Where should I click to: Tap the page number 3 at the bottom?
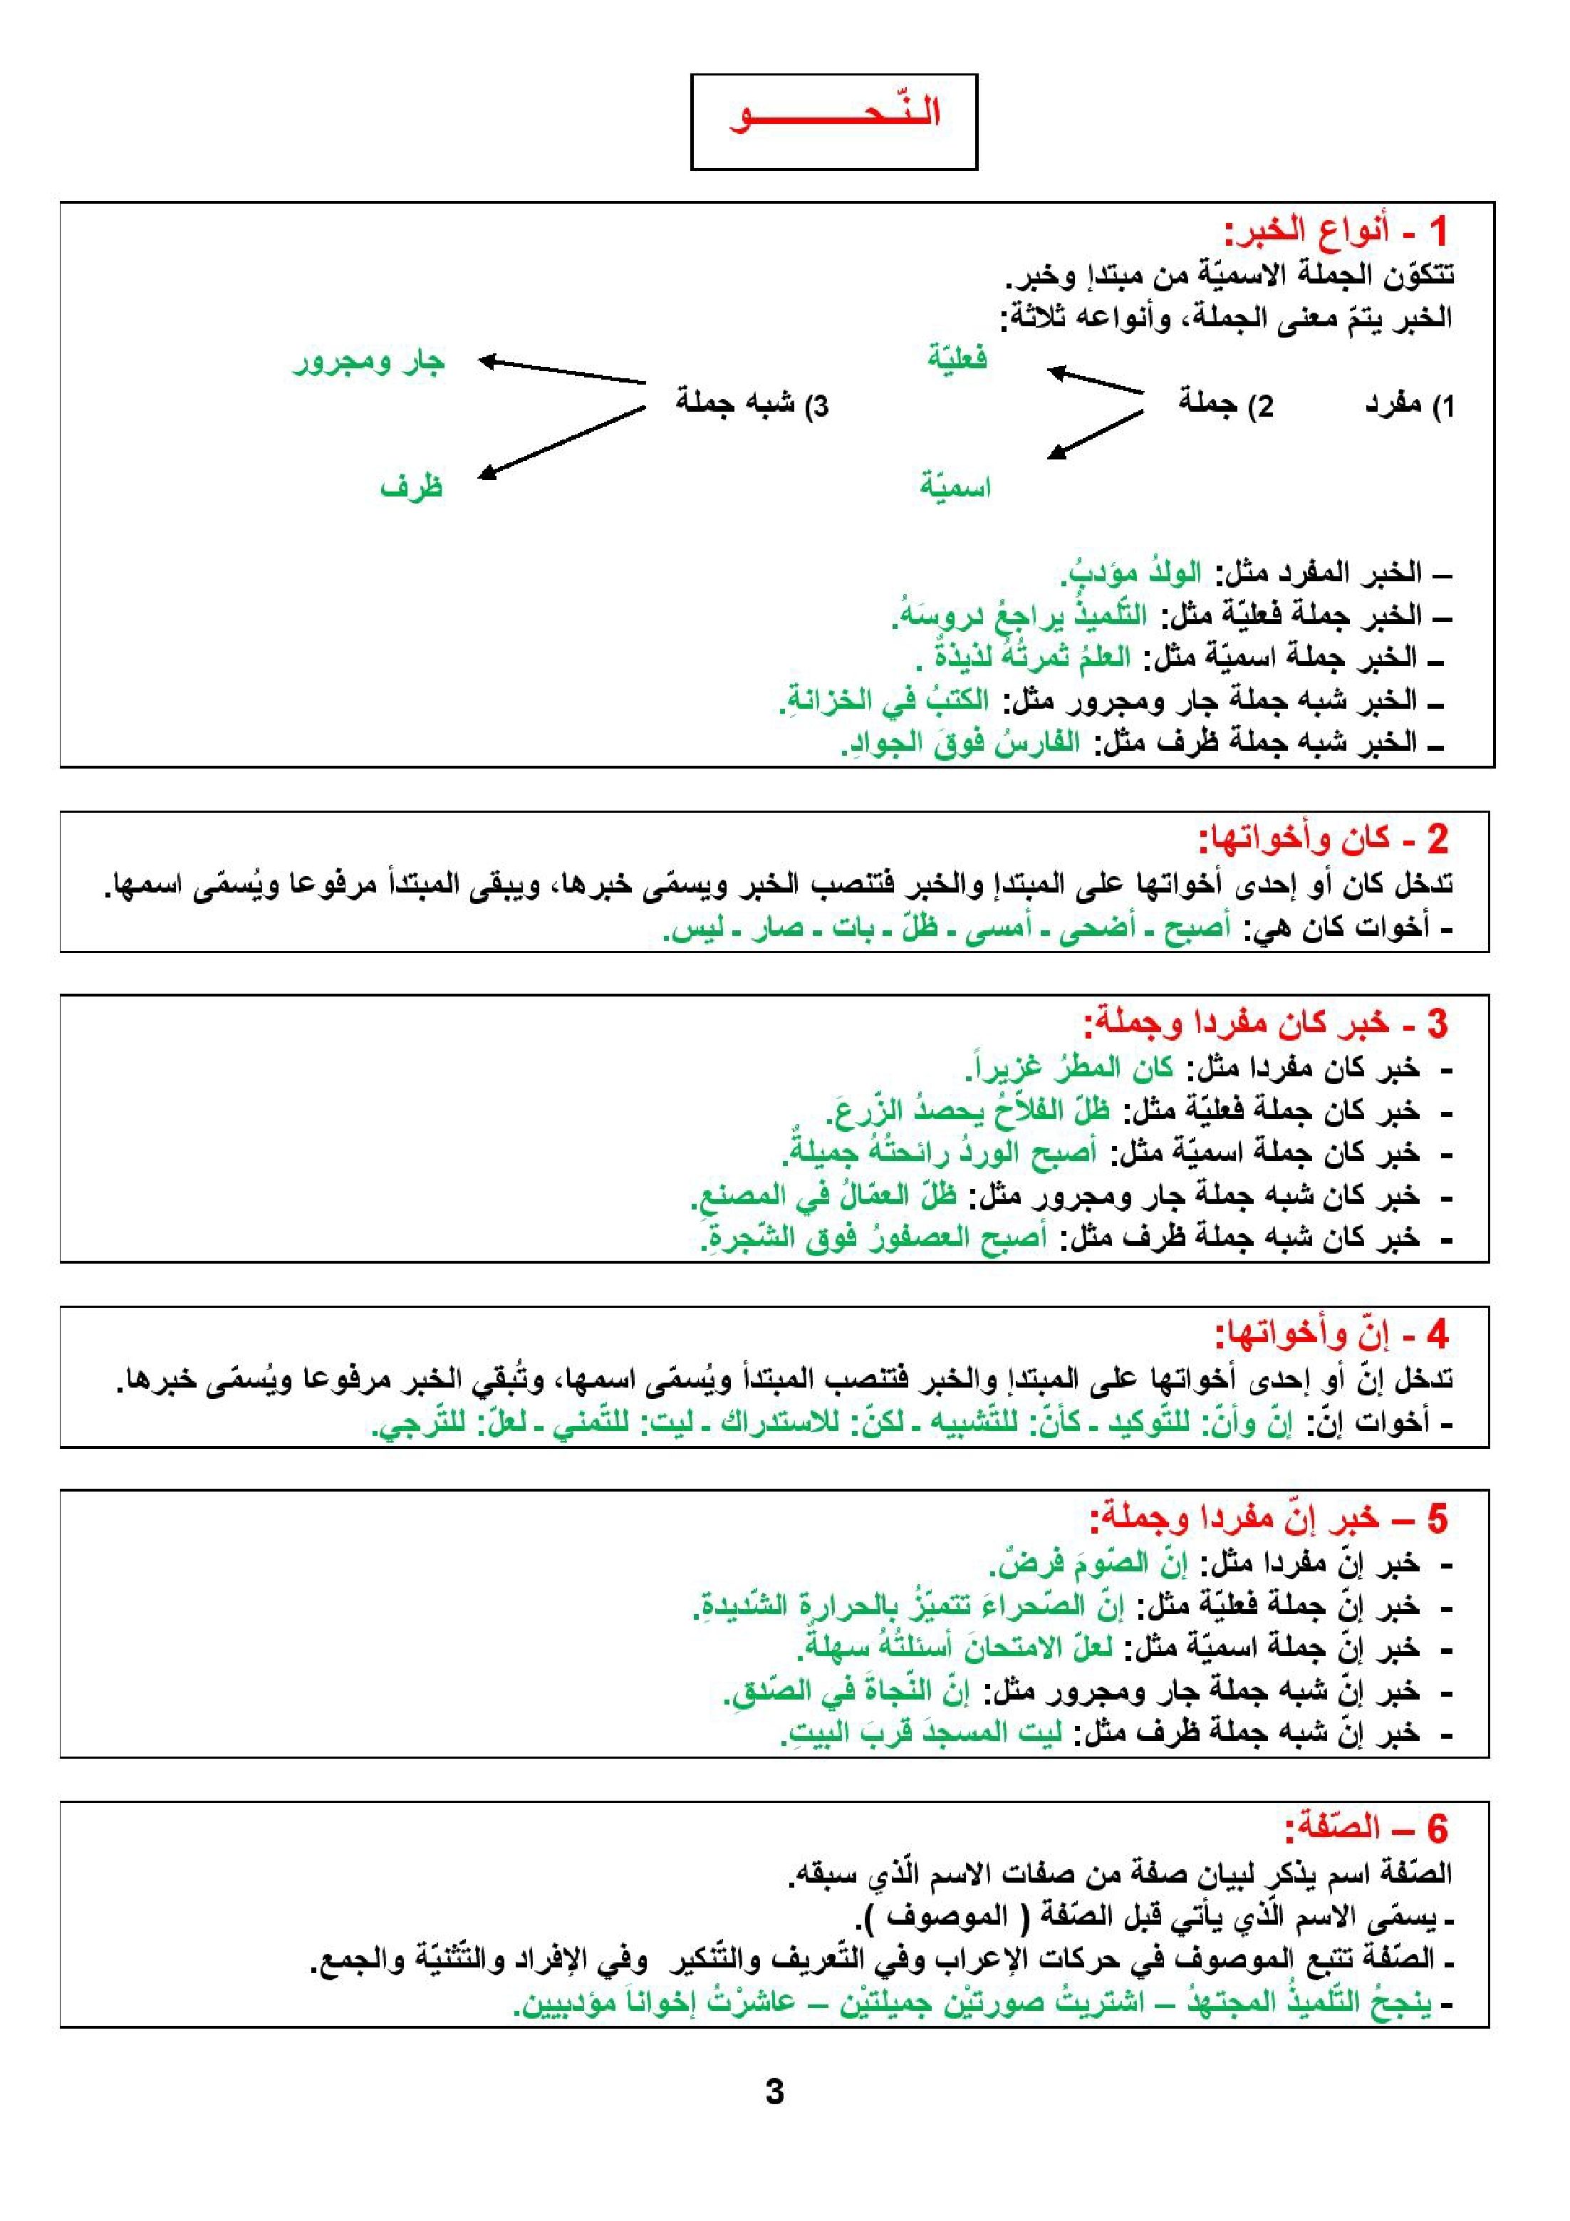point(774,2092)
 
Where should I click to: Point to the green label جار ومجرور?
point(368,363)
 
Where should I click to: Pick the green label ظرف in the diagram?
point(411,487)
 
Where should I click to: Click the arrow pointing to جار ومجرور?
point(562,373)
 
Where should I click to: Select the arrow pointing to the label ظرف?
point(562,442)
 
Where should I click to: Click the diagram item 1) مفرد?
point(1408,406)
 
